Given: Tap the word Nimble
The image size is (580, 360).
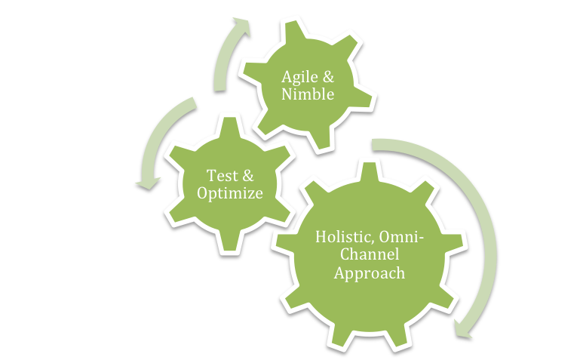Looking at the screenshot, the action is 308,94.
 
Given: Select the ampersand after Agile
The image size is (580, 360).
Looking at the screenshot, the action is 329,76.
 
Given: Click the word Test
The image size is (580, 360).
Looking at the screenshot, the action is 222,175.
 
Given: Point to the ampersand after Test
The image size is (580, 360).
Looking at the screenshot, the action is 248,176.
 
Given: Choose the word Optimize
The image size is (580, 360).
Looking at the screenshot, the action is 230,193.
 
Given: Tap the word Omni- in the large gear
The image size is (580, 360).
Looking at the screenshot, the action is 401,236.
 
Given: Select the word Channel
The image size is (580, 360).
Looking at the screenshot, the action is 370,254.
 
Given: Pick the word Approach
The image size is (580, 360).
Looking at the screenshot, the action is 370,273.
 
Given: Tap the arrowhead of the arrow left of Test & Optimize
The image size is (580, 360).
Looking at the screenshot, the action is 149,183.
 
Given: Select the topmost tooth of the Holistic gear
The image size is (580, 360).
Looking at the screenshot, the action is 369,172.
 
